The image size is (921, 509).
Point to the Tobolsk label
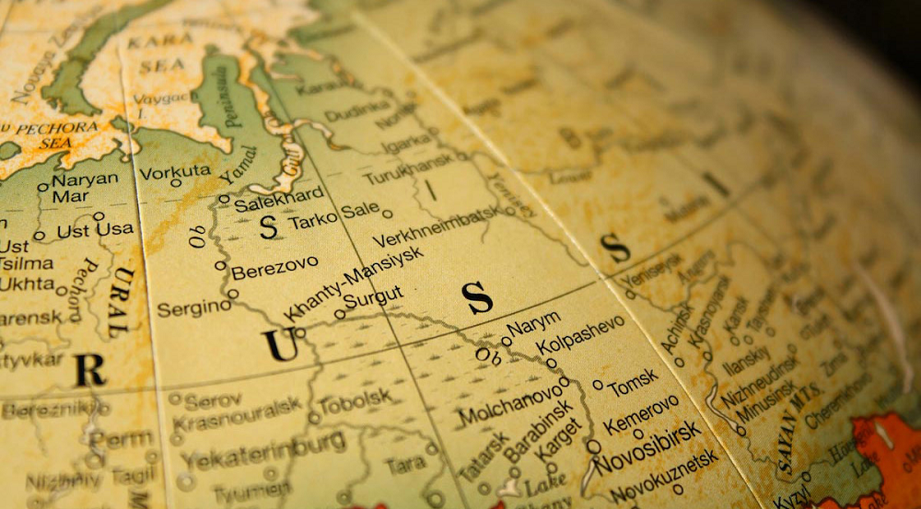click(x=354, y=403)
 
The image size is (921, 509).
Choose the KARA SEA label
click(x=156, y=54)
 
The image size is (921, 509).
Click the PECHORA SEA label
click(x=55, y=134)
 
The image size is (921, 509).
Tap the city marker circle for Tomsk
click(x=598, y=385)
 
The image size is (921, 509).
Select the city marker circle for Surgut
click(x=340, y=314)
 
